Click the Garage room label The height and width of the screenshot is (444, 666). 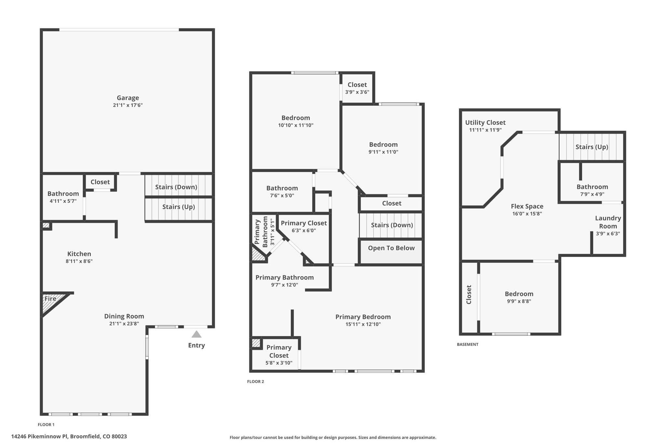pyautogui.click(x=128, y=98)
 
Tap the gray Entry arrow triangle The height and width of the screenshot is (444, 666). pyautogui.click(x=196, y=334)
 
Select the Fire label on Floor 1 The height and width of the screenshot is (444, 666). pyautogui.click(x=50, y=299)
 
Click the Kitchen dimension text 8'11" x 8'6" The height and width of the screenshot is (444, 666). pyautogui.click(x=79, y=261)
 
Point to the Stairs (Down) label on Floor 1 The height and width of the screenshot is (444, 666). pyautogui.click(x=176, y=187)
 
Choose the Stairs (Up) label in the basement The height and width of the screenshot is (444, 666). pyautogui.click(x=592, y=147)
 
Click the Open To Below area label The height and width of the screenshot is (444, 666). pyautogui.click(x=391, y=248)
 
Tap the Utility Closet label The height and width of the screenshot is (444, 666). pyautogui.click(x=485, y=123)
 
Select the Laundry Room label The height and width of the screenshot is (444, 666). pyautogui.click(x=608, y=222)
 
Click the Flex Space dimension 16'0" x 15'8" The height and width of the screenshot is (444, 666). pyautogui.click(x=527, y=214)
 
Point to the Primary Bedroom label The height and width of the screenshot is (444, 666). pyautogui.click(x=363, y=317)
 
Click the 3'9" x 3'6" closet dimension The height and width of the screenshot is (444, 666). pyautogui.click(x=357, y=92)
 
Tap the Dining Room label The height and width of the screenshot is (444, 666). pyautogui.click(x=124, y=316)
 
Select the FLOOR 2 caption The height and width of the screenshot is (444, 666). pyautogui.click(x=256, y=382)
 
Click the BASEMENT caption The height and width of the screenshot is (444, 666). pyautogui.click(x=467, y=344)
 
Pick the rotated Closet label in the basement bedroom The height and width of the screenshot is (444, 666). pyautogui.click(x=469, y=295)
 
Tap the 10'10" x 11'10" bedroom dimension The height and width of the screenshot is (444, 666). pyautogui.click(x=296, y=125)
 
